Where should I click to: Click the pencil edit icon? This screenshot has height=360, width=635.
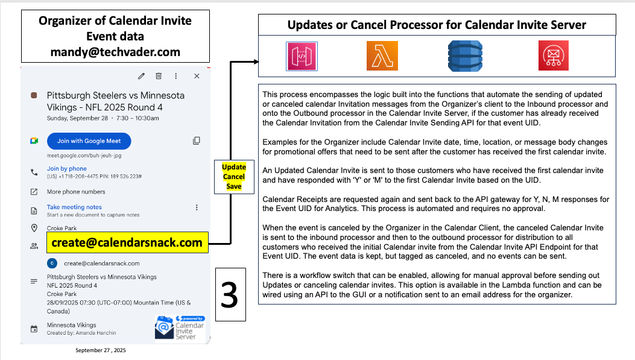[x=141, y=76]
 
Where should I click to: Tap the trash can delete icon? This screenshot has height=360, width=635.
[x=159, y=76]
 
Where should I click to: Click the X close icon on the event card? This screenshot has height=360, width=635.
[x=197, y=76]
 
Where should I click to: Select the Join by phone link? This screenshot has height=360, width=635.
[x=67, y=169]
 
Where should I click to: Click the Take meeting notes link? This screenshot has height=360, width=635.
[x=74, y=207]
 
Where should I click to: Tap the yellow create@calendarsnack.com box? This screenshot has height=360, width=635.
[x=127, y=243]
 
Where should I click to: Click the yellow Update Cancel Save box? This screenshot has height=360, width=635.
[x=233, y=176]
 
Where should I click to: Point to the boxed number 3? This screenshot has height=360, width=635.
[x=230, y=295]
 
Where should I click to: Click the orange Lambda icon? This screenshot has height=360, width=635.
[x=382, y=55]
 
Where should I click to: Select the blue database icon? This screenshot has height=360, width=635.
[x=465, y=55]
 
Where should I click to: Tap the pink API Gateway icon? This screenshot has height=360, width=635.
[x=302, y=55]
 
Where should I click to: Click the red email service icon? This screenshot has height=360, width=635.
[x=553, y=55]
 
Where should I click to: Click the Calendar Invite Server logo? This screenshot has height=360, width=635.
[x=180, y=327]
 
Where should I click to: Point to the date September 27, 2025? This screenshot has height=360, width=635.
[x=101, y=350]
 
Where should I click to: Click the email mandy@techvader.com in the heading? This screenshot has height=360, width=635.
[x=115, y=52]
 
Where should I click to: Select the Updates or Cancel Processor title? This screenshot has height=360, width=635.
[x=437, y=25]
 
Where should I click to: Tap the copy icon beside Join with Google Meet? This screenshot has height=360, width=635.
[x=196, y=141]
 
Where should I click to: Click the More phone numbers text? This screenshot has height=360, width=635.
[x=76, y=192]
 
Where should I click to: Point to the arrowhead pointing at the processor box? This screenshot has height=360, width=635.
[x=256, y=62]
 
